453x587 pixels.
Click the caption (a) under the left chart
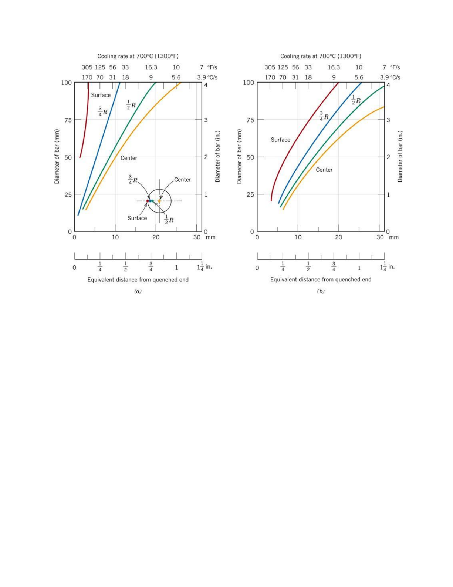click(138, 291)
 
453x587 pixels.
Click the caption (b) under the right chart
click(321, 291)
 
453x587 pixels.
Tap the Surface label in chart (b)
click(280, 140)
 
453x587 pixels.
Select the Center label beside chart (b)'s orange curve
click(324, 170)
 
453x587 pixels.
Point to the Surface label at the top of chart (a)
click(101, 95)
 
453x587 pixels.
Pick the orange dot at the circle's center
click(159, 201)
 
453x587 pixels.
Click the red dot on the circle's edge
click(148, 201)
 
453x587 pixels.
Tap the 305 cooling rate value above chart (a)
click(87, 67)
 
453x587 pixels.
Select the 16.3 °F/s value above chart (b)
click(334, 67)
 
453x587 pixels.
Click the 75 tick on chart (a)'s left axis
click(67, 120)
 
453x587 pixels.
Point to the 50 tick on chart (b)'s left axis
click(250, 157)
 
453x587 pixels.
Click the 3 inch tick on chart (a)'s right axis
click(206, 120)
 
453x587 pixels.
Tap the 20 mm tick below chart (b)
click(339, 237)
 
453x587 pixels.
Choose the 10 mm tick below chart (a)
click(115, 237)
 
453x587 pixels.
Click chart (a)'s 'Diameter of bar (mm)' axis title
click(57, 157)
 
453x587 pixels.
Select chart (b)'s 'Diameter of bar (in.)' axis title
click(400, 157)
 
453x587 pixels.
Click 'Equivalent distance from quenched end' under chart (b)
click(321, 280)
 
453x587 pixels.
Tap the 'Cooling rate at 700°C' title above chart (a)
click(138, 56)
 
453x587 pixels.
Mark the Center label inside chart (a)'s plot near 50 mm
click(129, 158)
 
